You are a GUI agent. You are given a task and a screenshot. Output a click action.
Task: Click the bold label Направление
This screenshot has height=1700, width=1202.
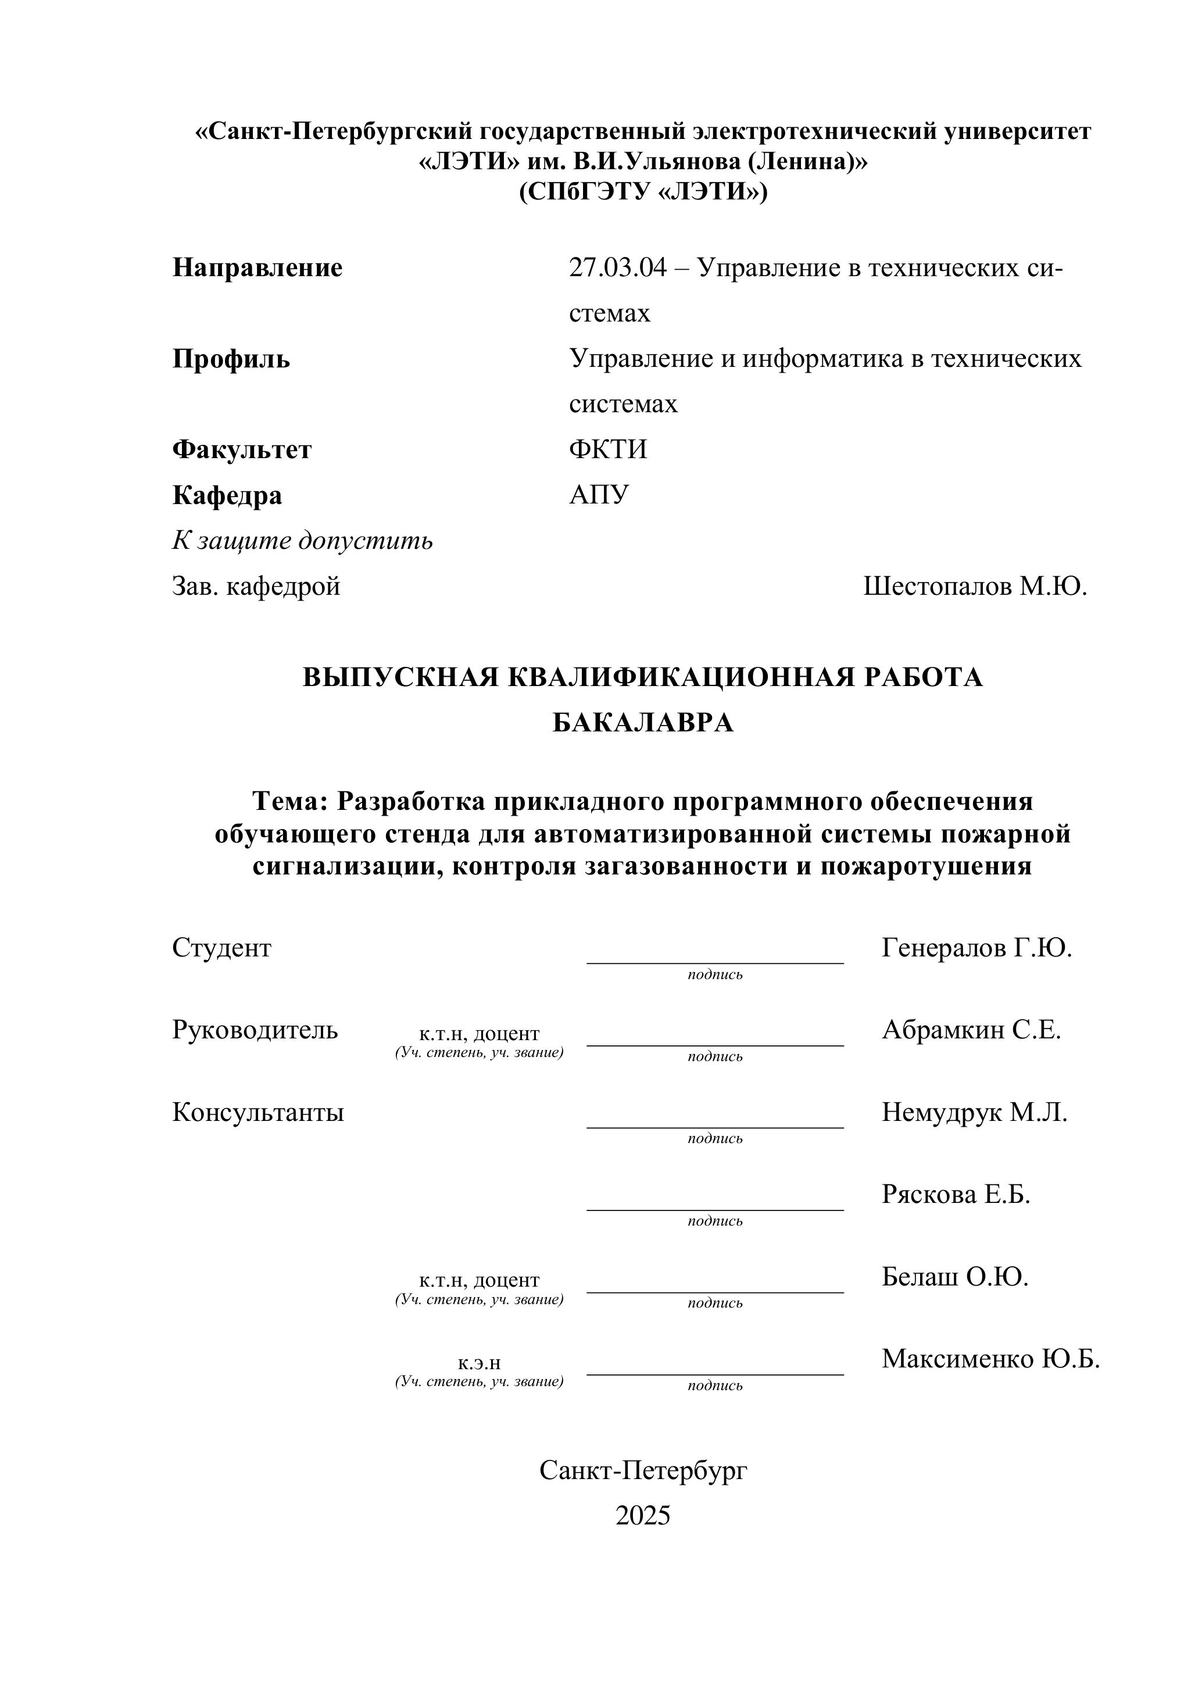257,268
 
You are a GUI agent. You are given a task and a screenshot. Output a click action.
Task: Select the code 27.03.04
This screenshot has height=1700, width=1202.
617,268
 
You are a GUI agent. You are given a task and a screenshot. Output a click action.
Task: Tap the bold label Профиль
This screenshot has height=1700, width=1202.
231,359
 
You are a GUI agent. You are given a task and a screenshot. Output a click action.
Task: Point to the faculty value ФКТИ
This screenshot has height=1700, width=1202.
607,449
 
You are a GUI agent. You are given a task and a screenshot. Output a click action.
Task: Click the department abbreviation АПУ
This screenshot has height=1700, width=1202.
599,495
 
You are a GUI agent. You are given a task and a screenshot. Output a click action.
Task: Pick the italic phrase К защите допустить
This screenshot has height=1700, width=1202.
302,541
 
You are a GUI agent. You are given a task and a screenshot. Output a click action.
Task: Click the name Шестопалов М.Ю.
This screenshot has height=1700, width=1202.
975,587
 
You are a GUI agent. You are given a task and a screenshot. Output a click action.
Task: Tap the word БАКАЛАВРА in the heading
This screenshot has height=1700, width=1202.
642,723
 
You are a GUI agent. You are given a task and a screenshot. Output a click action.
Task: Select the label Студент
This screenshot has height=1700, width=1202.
221,948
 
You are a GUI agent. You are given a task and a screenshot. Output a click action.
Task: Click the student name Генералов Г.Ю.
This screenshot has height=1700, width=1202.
976,948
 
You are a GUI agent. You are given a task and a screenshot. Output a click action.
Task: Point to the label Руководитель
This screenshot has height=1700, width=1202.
255,1030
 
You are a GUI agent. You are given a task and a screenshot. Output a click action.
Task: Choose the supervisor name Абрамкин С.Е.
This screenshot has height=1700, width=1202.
971,1030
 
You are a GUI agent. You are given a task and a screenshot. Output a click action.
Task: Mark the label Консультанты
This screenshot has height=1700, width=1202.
257,1112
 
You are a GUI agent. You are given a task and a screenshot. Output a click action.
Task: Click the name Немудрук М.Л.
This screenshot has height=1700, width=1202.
974,1112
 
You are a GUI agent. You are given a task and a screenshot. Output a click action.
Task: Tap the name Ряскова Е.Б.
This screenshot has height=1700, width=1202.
956,1194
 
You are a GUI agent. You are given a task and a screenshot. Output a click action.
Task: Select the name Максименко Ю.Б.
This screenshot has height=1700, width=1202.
990,1359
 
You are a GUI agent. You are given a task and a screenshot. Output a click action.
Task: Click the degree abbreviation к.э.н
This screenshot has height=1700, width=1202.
479,1362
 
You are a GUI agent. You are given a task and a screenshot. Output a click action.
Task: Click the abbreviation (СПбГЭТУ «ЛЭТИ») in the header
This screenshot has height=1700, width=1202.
642,192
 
